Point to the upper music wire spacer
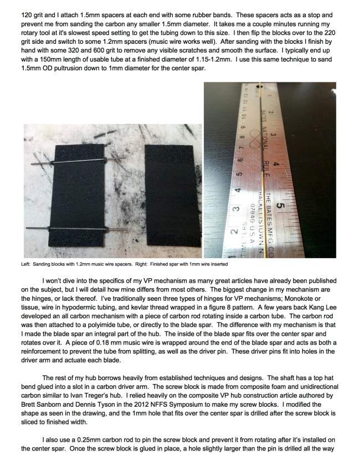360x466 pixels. [x=72, y=161]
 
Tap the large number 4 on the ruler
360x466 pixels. [x=284, y=166]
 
